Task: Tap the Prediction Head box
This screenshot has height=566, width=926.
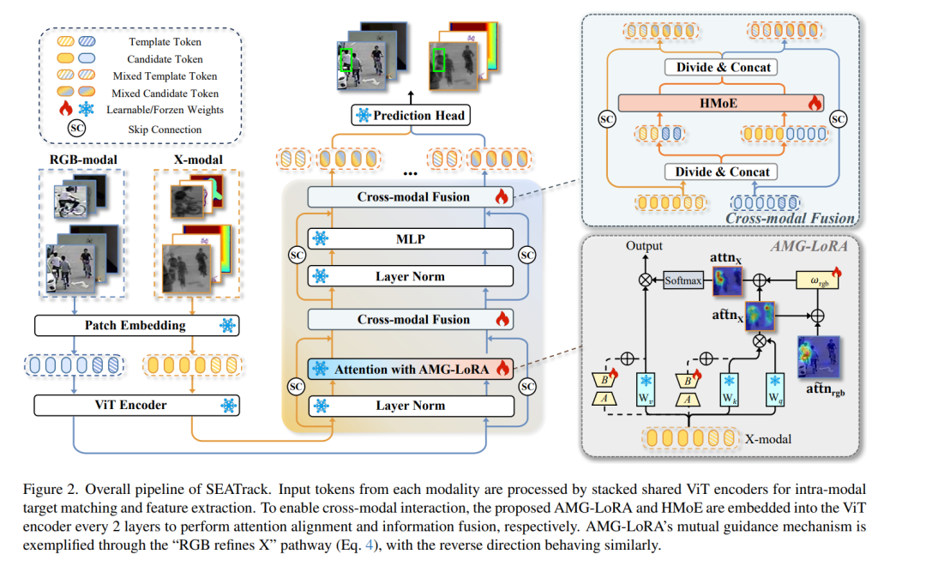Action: [410, 115]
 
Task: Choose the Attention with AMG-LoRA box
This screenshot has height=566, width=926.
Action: [410, 369]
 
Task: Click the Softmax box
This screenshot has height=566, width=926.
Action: [682, 280]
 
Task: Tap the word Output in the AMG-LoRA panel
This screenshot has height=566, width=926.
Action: [644, 246]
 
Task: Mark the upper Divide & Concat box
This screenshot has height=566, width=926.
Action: [724, 68]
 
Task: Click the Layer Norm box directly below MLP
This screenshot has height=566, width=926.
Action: [410, 276]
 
